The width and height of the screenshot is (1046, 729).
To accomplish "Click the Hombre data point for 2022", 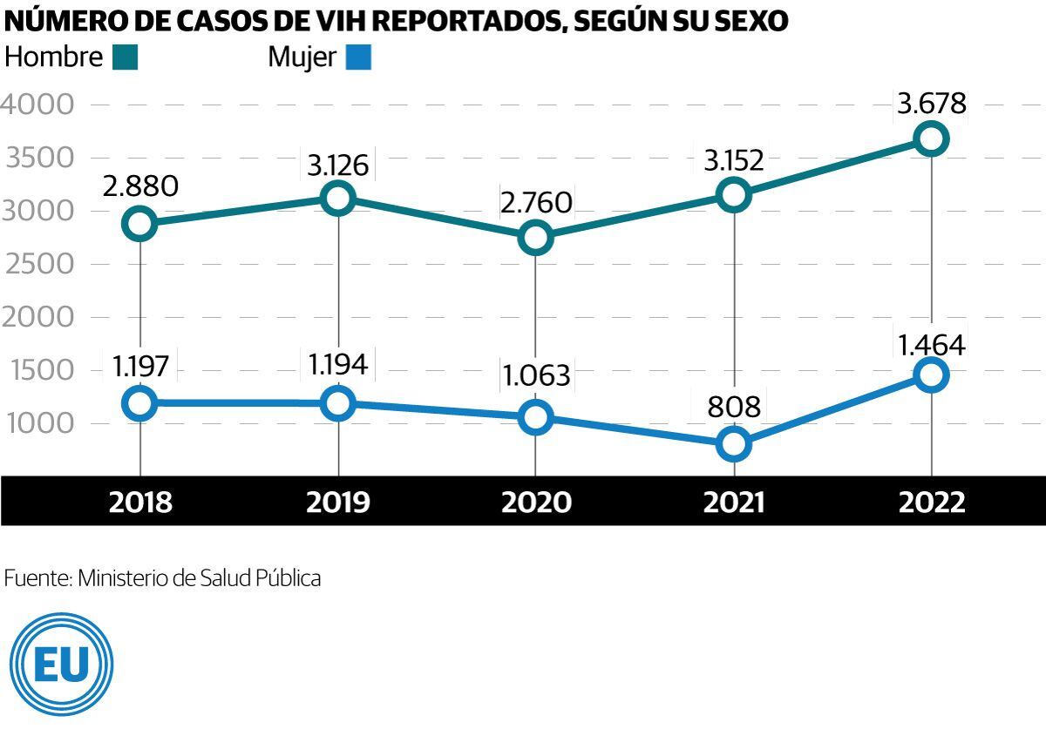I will click(932, 138).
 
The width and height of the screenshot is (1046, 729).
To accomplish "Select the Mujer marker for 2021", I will click(734, 443).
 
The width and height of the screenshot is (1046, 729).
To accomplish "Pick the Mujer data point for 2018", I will click(140, 403).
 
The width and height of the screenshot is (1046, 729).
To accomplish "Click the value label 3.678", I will click(932, 104).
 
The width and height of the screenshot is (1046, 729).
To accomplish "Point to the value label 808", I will click(734, 406).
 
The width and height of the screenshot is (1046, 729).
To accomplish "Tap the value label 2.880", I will click(140, 186).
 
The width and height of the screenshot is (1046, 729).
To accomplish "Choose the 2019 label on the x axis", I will click(337, 503).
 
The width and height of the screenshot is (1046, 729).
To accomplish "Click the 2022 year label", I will click(932, 503).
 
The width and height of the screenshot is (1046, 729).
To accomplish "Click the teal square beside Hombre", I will click(125, 58).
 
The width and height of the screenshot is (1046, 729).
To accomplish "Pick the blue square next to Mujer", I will click(358, 58).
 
